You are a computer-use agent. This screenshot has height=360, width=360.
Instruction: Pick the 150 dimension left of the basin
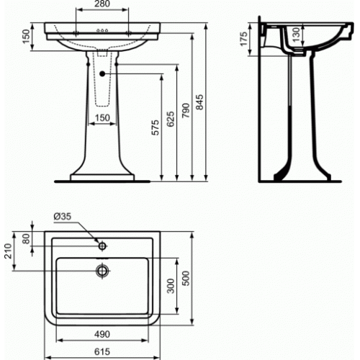coord(27,37)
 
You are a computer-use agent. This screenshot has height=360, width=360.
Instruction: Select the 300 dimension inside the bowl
coord(170,287)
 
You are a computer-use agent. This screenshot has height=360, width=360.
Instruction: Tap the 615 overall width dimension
coord(104,351)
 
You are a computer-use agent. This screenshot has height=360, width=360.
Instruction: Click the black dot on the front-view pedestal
coord(104,73)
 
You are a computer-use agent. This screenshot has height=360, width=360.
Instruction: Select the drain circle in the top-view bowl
coord(104,271)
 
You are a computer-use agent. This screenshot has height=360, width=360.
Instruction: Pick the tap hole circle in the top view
coord(104,244)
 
